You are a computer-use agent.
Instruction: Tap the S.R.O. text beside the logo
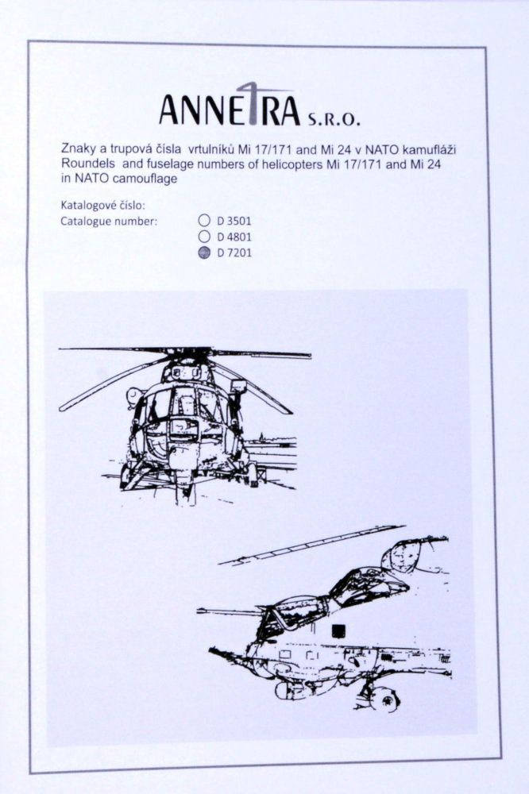click(x=333, y=120)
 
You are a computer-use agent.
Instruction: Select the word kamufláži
click(x=434, y=149)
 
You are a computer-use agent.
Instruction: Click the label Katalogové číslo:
click(x=102, y=206)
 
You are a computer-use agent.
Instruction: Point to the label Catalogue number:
click(x=109, y=221)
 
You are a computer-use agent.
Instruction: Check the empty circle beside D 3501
click(x=204, y=221)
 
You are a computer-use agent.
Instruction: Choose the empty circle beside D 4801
click(x=204, y=237)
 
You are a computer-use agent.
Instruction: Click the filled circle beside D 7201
click(x=204, y=252)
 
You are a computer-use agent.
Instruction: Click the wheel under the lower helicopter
click(x=385, y=699)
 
